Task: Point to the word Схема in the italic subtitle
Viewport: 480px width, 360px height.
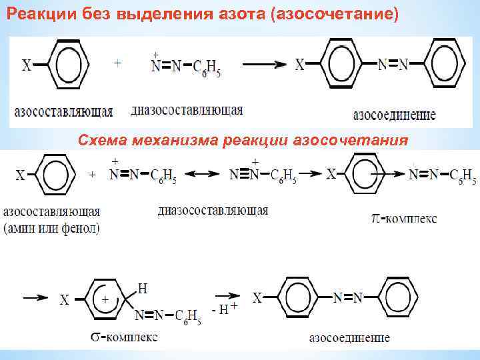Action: tap(101, 141)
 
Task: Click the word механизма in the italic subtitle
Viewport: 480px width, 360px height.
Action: tap(178, 141)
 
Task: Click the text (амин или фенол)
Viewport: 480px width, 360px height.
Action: tap(52, 229)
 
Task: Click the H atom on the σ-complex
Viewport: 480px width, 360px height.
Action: tap(141, 288)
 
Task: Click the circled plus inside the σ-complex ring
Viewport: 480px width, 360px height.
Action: tap(105, 300)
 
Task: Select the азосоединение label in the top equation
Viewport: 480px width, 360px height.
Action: tap(394, 114)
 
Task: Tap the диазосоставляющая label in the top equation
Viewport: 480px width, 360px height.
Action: tap(187, 110)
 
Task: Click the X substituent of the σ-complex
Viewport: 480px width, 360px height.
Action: tap(65, 300)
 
